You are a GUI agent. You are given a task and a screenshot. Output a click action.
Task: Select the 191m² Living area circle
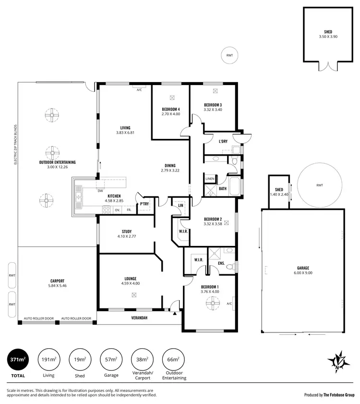click(48, 359)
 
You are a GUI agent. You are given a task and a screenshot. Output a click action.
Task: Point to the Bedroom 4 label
click(170, 110)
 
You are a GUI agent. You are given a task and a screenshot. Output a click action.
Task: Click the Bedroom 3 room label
click(213, 105)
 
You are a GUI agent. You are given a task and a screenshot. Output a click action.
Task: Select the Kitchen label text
click(114, 196)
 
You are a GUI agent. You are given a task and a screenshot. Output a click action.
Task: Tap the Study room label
click(127, 232)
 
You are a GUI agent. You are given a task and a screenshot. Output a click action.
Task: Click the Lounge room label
click(130, 279)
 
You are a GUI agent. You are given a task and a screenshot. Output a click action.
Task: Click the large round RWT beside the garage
click(319, 185)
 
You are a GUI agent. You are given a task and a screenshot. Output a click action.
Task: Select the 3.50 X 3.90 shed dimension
click(328, 37)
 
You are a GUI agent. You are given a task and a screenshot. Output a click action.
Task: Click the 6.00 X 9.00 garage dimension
click(303, 273)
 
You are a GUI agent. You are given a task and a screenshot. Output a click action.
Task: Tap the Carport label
click(57, 281)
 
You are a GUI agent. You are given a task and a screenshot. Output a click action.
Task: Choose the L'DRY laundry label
click(223, 141)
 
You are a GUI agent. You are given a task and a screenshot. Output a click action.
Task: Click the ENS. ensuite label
click(221, 263)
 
